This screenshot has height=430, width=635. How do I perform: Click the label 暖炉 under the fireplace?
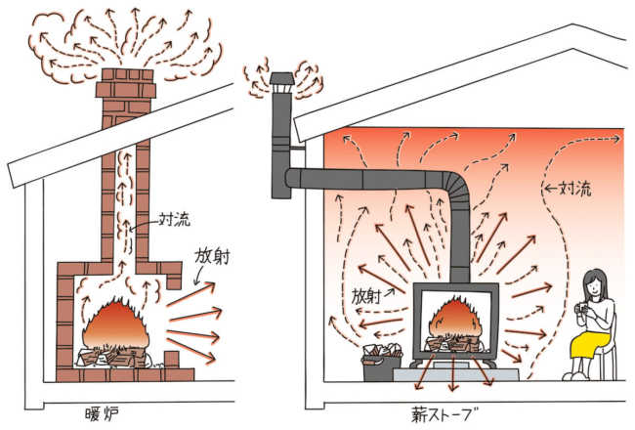coord(102,413)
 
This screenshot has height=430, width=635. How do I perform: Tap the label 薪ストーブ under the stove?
coord(444,414)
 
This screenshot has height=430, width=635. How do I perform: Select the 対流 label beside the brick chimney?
coord(175,220)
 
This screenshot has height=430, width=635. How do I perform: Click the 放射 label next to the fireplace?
coord(212,257)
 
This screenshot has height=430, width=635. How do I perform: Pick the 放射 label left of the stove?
coord(366,297)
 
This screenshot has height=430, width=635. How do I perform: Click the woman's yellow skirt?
coord(590,343)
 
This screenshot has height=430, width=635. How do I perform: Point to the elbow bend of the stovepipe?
coord(457,187)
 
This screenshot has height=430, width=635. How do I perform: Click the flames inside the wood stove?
coord(455,321)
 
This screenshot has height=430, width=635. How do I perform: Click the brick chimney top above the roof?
coord(126,83)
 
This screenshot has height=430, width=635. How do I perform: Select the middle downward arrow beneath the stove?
coord(452,371)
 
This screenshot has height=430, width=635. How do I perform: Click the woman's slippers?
coord(575,376)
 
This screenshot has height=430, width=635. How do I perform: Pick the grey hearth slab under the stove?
coord(456,373)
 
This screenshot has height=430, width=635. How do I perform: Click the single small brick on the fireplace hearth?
coord(172,360)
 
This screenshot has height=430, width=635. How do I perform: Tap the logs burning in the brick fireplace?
coord(113,357)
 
